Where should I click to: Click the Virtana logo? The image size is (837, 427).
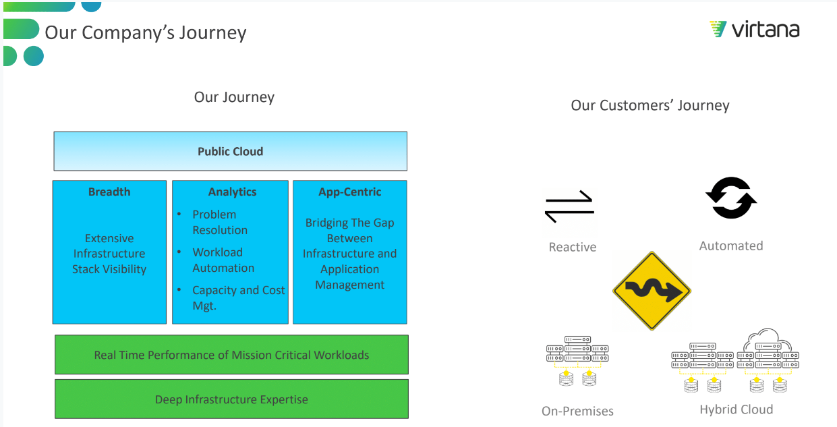coord(754,30)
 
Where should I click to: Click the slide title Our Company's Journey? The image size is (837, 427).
coord(146,32)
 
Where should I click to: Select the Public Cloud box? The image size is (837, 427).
coord(230,151)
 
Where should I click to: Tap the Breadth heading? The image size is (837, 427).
coord(109,192)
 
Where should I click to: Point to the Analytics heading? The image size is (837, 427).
coord(232,192)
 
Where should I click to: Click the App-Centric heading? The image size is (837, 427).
coord(349,192)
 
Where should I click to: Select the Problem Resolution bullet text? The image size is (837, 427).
coord(219,222)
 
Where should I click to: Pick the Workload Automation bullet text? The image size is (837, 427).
coord(223,260)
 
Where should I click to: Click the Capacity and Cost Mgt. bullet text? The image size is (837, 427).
coord(237,297)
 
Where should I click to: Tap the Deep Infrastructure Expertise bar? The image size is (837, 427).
coord(231,399)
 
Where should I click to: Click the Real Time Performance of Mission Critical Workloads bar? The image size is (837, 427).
coord(231,355)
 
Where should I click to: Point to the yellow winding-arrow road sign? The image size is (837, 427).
coord(651,291)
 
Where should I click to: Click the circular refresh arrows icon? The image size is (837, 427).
coord(731,198)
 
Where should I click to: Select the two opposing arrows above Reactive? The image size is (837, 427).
coord(569,206)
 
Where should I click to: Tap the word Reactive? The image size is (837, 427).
coord(572,247)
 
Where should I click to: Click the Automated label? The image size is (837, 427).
coord(731,246)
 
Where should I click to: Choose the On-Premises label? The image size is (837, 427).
coord(577,411)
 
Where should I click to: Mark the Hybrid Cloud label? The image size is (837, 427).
coord(736,409)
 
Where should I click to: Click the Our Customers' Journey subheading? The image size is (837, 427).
coord(650,105)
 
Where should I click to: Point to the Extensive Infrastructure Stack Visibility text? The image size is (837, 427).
coord(109,254)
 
